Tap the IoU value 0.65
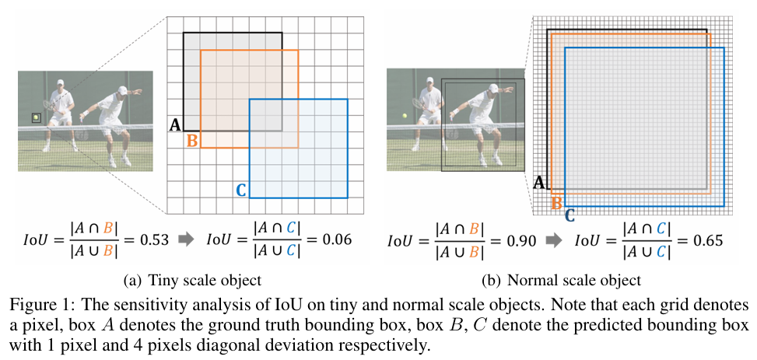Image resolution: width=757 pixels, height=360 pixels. coord(706,240)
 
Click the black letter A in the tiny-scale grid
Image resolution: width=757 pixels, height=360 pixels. coord(175,124)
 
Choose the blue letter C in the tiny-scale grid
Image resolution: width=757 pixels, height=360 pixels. coord(240,190)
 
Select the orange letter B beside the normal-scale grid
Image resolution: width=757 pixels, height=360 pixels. coord(556,204)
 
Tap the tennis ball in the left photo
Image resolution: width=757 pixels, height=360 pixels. coord(36,118)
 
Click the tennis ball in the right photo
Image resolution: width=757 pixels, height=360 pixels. coord(405,117)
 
